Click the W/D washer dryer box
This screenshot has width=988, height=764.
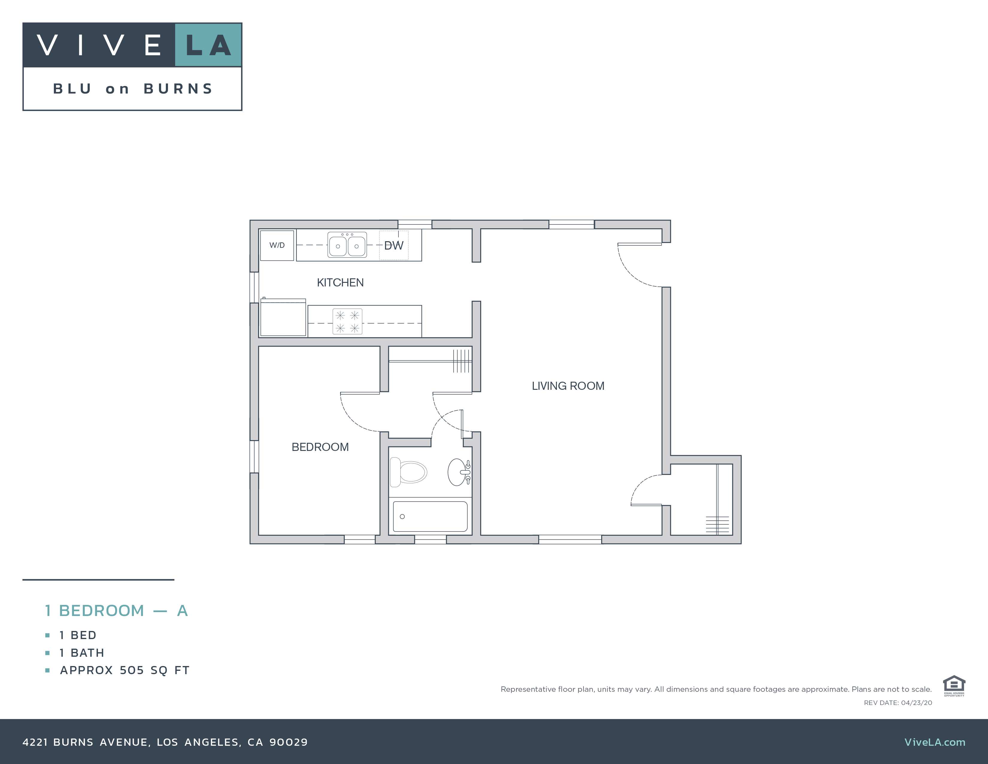point(277,245)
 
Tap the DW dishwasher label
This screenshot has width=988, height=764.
point(394,245)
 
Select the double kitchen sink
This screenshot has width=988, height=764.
point(347,245)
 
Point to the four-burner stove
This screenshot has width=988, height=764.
point(347,321)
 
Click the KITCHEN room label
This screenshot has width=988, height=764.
point(340,283)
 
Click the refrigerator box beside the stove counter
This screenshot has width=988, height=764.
point(283,318)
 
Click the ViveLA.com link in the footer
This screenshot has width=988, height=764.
point(935,742)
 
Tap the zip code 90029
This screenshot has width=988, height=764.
point(288,742)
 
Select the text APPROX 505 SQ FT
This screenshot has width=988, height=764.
point(125,670)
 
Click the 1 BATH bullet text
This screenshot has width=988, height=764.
point(82,653)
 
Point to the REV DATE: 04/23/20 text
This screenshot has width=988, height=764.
point(898,703)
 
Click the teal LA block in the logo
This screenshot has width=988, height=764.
point(208,45)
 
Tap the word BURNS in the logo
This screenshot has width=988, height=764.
point(178,89)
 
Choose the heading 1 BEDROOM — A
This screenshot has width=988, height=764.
point(116,611)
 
